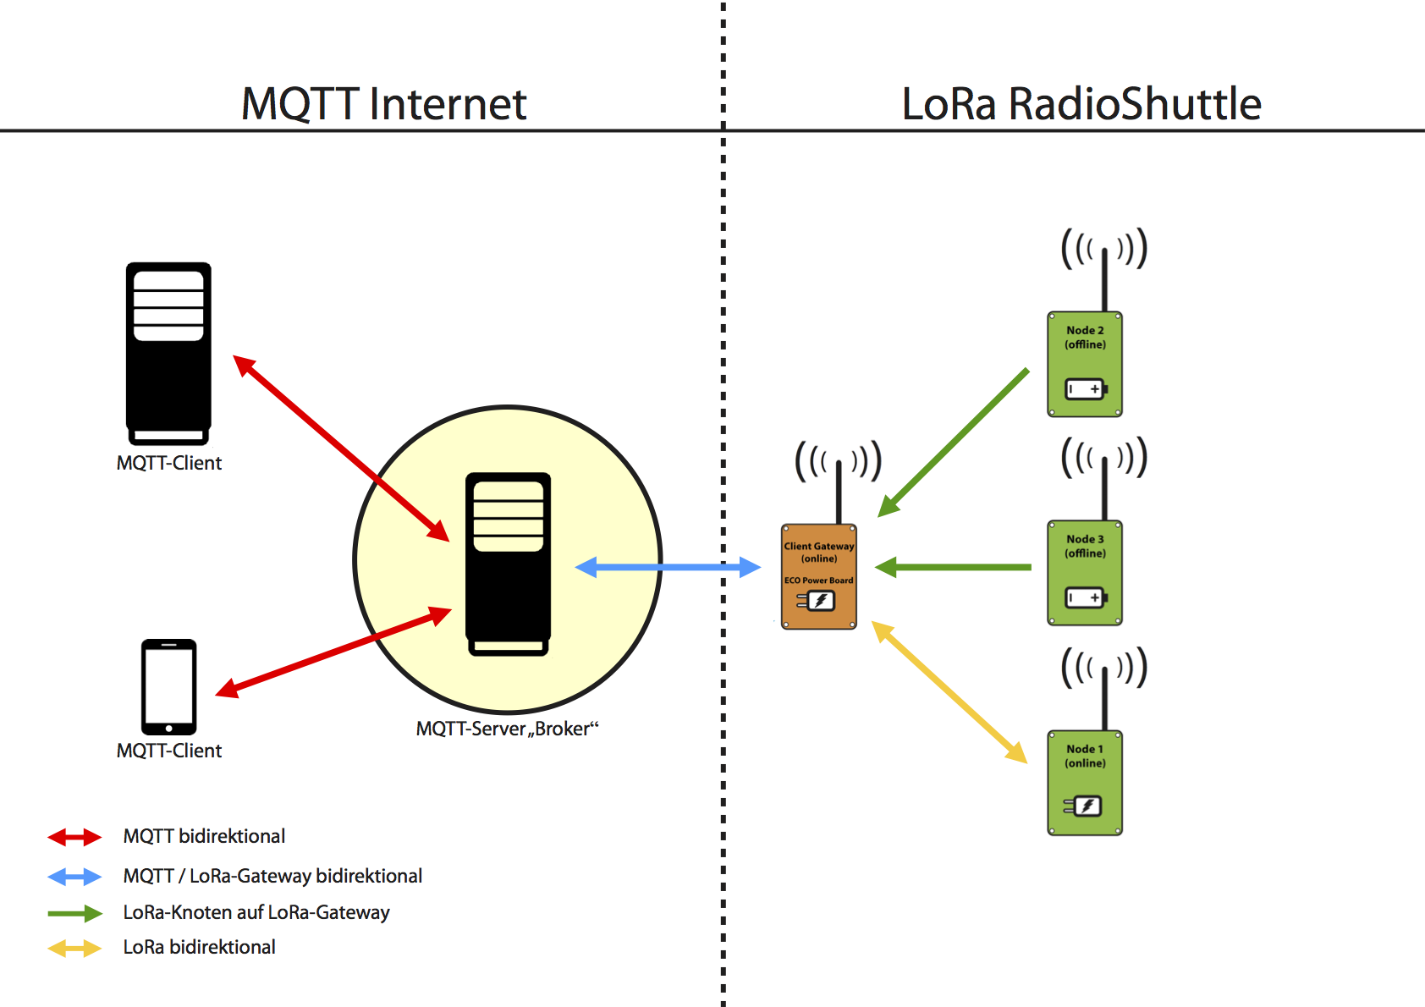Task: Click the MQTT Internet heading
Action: click(x=383, y=104)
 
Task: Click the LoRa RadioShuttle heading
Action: click(x=1081, y=104)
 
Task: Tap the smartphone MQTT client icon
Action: click(x=168, y=687)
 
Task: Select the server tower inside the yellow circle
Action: click(x=508, y=564)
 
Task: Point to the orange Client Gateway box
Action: click(x=819, y=576)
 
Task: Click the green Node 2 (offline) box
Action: click(x=1085, y=364)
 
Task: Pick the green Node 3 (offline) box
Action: click(x=1085, y=573)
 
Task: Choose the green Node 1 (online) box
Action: click(x=1085, y=783)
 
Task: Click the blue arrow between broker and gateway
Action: click(x=668, y=567)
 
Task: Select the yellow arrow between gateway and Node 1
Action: click(x=949, y=691)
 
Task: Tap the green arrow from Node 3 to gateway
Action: click(x=952, y=567)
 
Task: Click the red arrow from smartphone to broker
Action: click(x=333, y=652)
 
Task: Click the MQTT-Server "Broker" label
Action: click(x=507, y=729)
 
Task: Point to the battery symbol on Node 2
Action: click(x=1087, y=388)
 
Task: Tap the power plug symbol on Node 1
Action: click(x=1082, y=806)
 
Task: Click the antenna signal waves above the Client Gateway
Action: click(x=839, y=460)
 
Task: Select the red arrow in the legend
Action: click(x=74, y=837)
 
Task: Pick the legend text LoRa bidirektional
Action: click(x=199, y=947)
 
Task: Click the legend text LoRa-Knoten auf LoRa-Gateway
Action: click(x=256, y=913)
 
